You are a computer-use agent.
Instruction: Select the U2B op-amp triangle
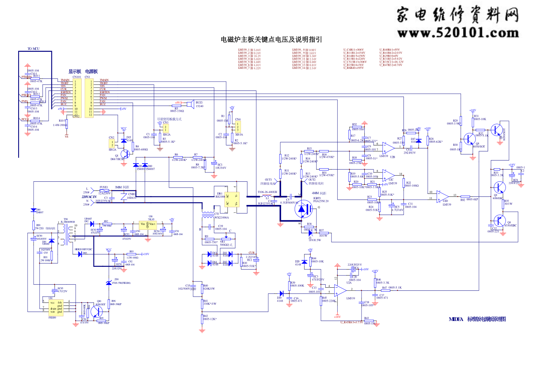click(x=388, y=147)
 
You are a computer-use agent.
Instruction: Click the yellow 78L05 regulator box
click(x=147, y=225)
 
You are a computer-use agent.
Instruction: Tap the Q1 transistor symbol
click(x=124, y=155)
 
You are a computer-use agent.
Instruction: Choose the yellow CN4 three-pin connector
click(x=237, y=127)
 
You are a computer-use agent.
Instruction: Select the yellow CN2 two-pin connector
click(x=112, y=143)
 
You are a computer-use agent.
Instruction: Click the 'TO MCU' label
click(x=33, y=49)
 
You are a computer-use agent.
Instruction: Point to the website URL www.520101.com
click(x=458, y=33)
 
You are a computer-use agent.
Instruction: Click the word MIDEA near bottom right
click(x=456, y=319)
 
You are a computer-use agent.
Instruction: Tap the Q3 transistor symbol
click(x=499, y=188)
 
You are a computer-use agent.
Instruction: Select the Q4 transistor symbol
click(x=499, y=221)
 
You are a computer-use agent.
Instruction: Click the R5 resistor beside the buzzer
click(x=176, y=106)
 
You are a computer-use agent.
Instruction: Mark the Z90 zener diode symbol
click(x=109, y=283)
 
